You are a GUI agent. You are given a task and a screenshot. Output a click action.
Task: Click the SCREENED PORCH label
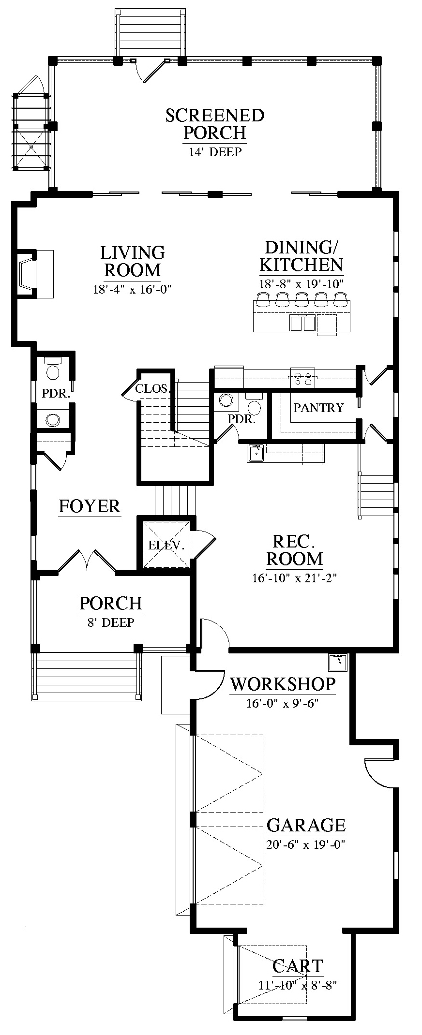click(215, 124)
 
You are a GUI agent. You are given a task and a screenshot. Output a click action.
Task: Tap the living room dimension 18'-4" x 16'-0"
click(133, 290)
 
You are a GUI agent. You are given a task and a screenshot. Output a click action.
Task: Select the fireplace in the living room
click(27, 274)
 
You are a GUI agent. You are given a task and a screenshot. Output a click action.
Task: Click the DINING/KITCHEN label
click(301, 256)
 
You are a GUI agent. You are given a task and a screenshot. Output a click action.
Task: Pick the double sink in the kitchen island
click(302, 323)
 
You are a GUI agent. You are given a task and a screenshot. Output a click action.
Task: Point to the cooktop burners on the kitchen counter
click(302, 378)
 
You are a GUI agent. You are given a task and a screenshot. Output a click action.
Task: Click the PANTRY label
click(318, 408)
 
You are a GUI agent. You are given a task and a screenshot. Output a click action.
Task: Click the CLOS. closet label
click(152, 388)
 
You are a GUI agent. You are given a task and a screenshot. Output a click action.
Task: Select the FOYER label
click(90, 506)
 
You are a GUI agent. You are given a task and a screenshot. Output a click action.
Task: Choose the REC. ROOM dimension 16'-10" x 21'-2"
click(294, 577)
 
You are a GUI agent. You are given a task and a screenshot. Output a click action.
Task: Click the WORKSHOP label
click(283, 684)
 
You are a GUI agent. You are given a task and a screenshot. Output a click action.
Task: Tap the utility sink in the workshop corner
click(338, 662)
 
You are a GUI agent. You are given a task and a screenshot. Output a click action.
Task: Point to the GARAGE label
click(306, 825)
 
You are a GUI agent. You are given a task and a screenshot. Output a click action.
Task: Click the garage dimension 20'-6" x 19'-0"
click(305, 844)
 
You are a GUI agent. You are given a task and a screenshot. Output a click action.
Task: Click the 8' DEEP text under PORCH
click(111, 622)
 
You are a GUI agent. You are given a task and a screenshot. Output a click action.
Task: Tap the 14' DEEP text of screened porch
click(215, 152)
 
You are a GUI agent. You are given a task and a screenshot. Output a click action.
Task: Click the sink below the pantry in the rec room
click(256, 453)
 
